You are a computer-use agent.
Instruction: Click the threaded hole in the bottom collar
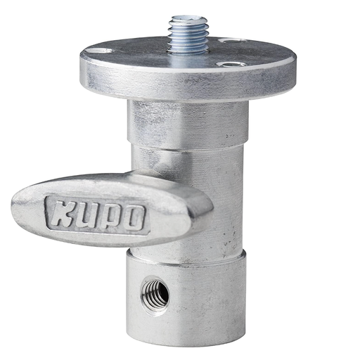(155, 292)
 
